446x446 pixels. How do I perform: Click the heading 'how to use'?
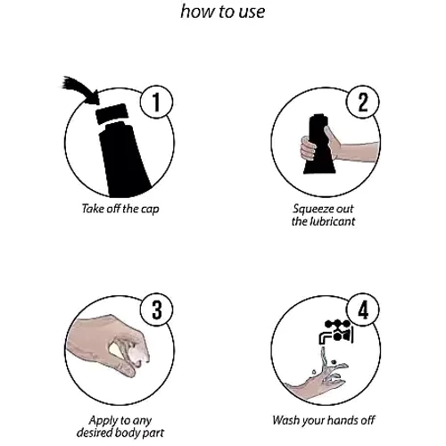(223, 12)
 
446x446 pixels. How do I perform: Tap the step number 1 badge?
(156, 102)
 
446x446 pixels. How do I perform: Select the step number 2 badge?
(363, 102)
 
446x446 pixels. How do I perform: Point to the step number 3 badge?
(156, 310)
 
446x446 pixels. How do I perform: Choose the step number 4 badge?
(363, 310)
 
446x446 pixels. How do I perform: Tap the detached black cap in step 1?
(111, 113)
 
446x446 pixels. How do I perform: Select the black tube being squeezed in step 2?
(319, 145)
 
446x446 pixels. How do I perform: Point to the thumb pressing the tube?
(331, 137)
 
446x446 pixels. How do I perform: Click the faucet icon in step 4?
(336, 332)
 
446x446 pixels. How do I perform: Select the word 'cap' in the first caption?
(150, 210)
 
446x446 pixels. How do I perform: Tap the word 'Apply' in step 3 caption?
(100, 421)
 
